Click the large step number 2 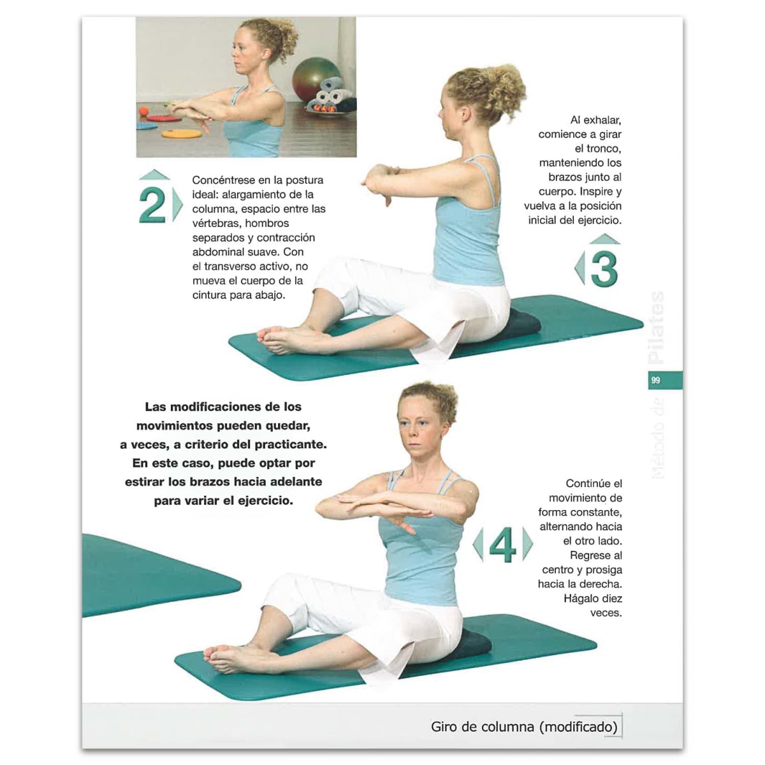(x=152, y=206)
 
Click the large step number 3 (x=604, y=270)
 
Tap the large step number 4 (x=502, y=546)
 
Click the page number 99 (x=655, y=381)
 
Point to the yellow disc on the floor (x=181, y=134)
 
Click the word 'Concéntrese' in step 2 (x=223, y=180)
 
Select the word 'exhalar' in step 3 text (x=602, y=120)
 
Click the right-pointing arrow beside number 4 (x=527, y=544)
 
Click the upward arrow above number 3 (x=604, y=239)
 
